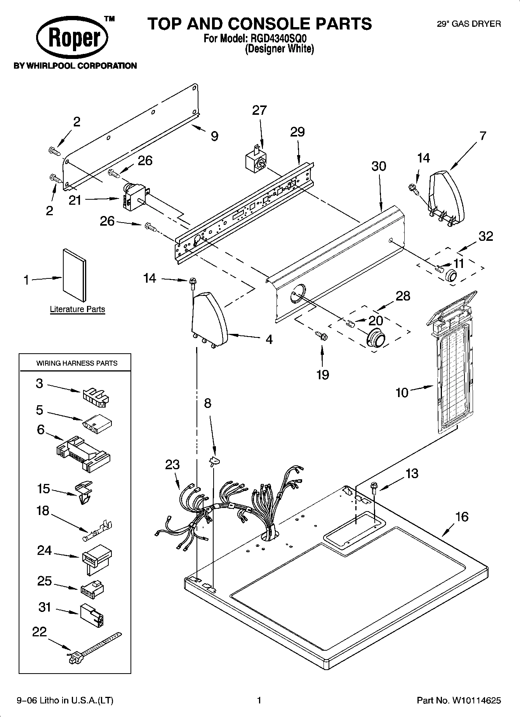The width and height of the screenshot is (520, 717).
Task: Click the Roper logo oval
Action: coord(72,38)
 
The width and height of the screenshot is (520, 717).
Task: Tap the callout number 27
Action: coord(259,111)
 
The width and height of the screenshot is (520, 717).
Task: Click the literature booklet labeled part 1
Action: coord(75,275)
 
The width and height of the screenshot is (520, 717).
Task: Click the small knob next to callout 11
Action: coord(451,275)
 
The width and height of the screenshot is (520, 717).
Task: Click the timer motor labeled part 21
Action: coord(132,197)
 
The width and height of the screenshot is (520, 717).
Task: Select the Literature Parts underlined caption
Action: coord(77,309)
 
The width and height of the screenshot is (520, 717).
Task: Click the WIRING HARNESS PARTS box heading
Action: coord(77,363)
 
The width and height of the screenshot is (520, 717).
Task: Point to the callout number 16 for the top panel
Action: coord(461,517)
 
